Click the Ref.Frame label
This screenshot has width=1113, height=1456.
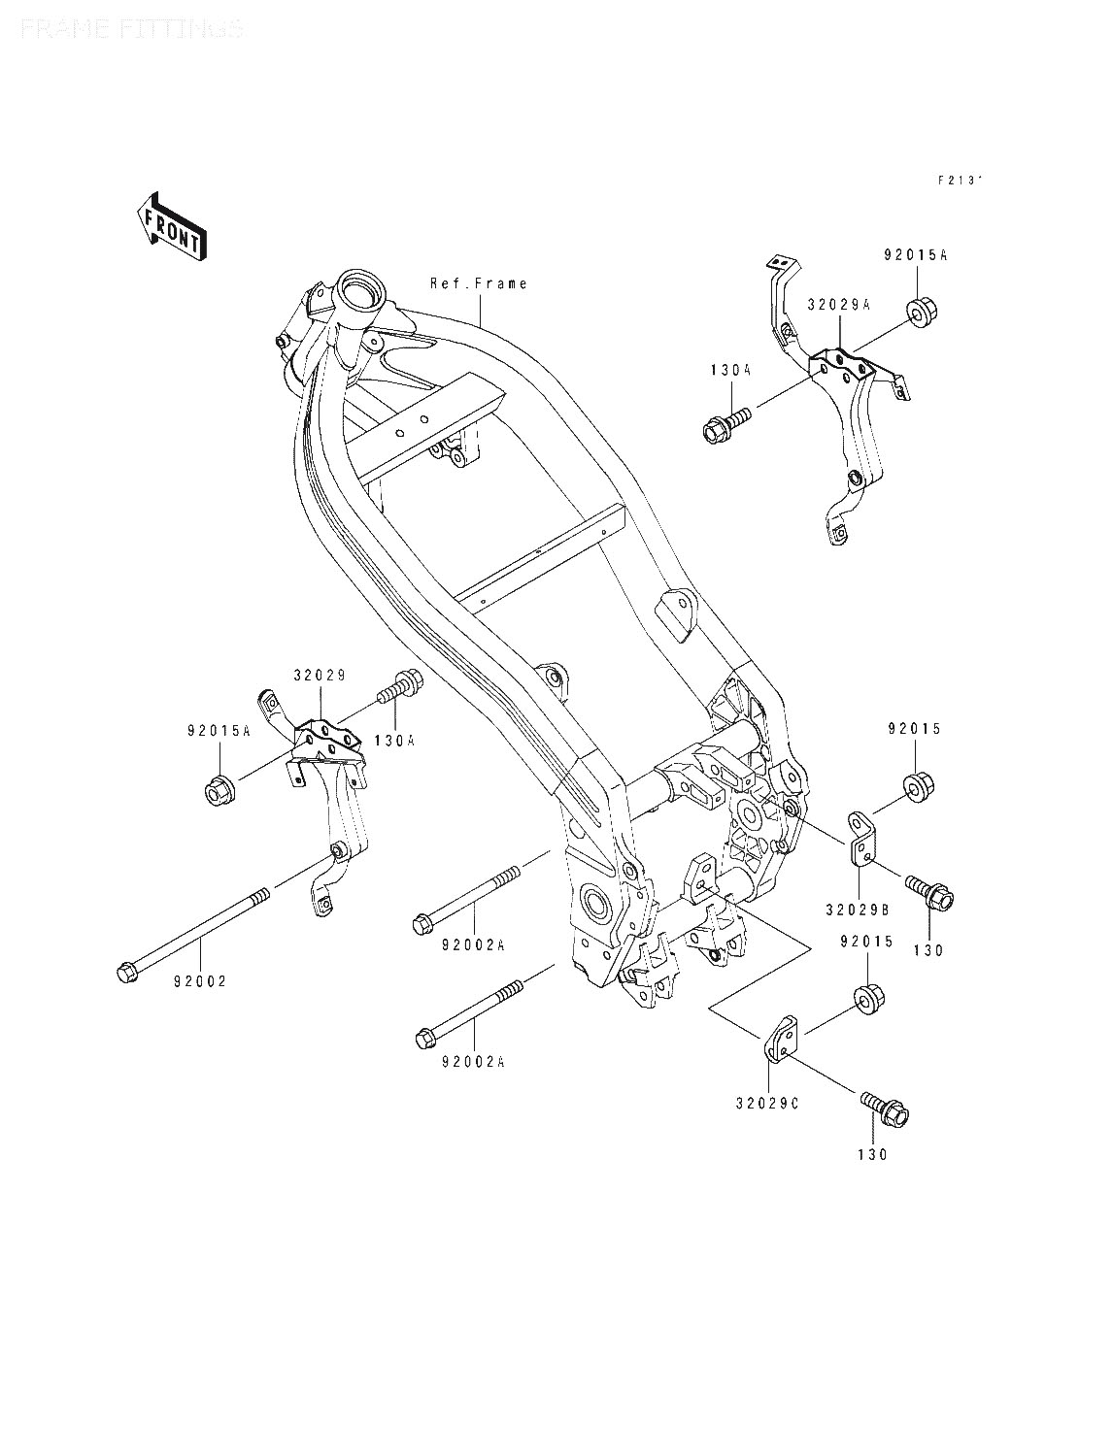click(x=479, y=283)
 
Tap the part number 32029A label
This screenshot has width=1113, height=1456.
click(x=839, y=304)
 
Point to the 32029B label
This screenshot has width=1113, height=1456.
click(x=860, y=910)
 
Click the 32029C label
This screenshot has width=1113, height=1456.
click(x=768, y=1104)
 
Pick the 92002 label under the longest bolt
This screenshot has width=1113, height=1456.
click(x=201, y=981)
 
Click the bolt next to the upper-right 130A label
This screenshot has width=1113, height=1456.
click(x=724, y=424)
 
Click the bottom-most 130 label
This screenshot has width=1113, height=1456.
click(x=873, y=1155)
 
